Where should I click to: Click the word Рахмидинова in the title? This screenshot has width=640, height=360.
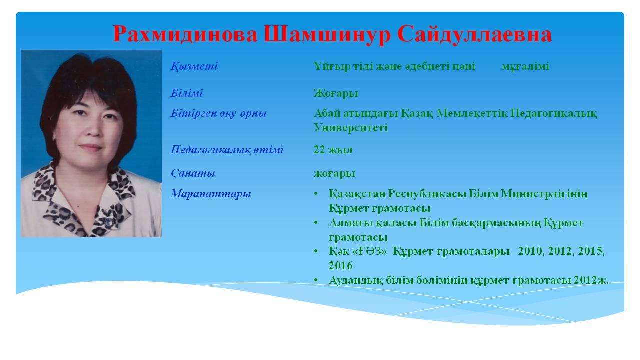[x=185, y=34]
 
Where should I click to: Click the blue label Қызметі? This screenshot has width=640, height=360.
[x=194, y=66]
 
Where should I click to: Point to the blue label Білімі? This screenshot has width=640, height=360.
[x=187, y=93]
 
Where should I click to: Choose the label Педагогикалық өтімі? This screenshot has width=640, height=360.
[x=227, y=149]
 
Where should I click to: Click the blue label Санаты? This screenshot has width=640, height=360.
[x=193, y=173]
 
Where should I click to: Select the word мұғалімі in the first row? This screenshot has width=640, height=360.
[x=525, y=67]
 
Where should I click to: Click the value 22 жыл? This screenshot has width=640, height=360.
[x=333, y=149]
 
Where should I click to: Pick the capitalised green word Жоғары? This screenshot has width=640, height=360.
[x=336, y=93]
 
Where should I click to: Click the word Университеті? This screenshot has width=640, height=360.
[x=351, y=127]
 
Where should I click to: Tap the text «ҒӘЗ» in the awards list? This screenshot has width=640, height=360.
[x=370, y=251]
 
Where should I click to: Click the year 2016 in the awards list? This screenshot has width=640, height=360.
[x=341, y=265]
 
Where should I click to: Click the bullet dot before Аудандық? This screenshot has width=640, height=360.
[x=316, y=280]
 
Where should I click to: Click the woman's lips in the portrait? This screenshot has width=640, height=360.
[x=90, y=147]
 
